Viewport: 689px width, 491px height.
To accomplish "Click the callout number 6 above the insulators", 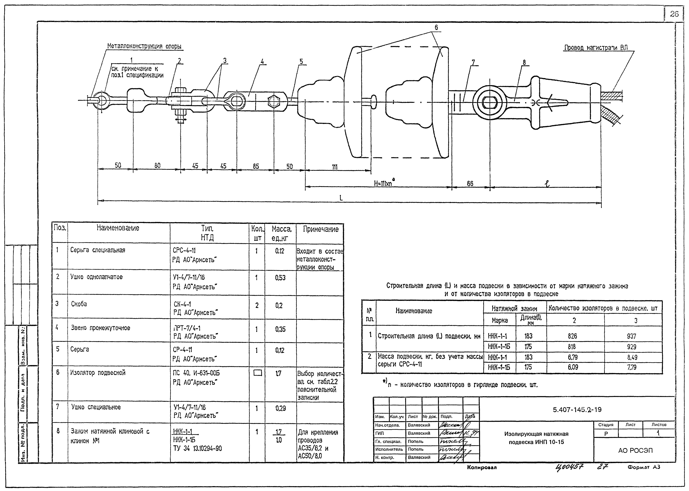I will [x=436, y=28].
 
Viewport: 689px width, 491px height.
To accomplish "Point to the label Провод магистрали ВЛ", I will [x=595, y=48].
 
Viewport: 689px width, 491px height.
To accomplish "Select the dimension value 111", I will [x=334, y=167].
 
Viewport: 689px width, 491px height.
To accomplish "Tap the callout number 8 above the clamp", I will [x=524, y=63].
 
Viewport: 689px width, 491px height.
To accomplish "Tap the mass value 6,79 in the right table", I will [x=572, y=357].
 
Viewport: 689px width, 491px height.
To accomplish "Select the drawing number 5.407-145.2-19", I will [x=577, y=410].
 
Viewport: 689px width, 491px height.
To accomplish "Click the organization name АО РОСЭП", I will [x=635, y=450].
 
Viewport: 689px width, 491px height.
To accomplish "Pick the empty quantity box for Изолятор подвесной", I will [x=257, y=373].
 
